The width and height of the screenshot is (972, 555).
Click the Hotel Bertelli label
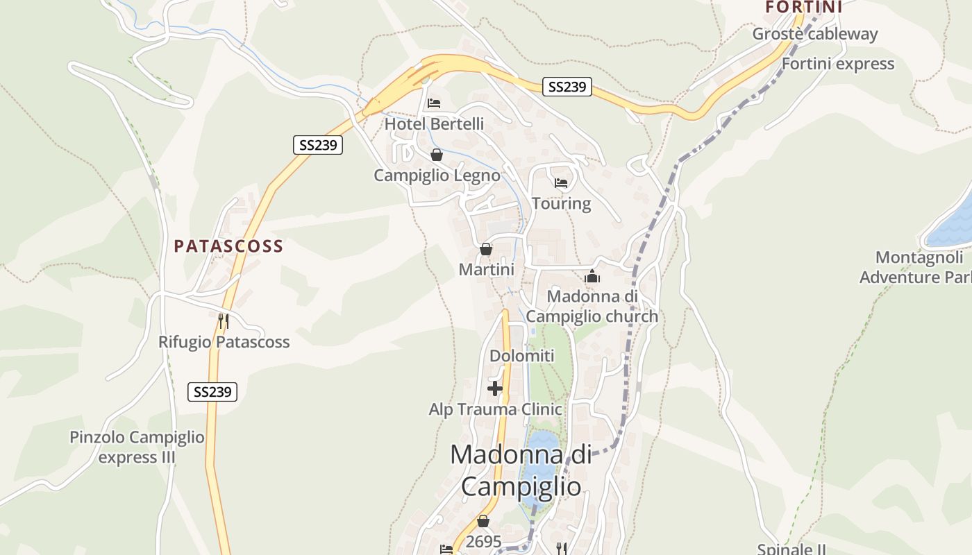[434, 124]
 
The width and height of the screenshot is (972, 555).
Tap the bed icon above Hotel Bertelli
[434, 104]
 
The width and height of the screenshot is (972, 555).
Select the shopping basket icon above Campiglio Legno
[436, 155]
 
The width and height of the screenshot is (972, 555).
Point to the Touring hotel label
[561, 203]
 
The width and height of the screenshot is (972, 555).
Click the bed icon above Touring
[561, 183]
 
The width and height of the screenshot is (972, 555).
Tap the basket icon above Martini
[486, 249]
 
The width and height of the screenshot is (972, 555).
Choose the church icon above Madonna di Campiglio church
[592, 277]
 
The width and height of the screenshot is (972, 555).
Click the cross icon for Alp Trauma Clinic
[495, 388]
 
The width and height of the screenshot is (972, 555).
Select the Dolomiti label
[522, 356]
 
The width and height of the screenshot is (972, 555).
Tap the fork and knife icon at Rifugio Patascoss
[224, 321]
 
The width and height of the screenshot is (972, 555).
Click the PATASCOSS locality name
[228, 246]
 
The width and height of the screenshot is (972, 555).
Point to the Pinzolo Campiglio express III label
[137, 447]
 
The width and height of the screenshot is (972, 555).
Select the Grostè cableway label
[814, 34]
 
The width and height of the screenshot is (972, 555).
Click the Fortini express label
[837, 64]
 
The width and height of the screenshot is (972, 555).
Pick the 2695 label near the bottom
[484, 542]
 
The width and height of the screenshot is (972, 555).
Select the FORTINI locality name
[803, 7]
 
